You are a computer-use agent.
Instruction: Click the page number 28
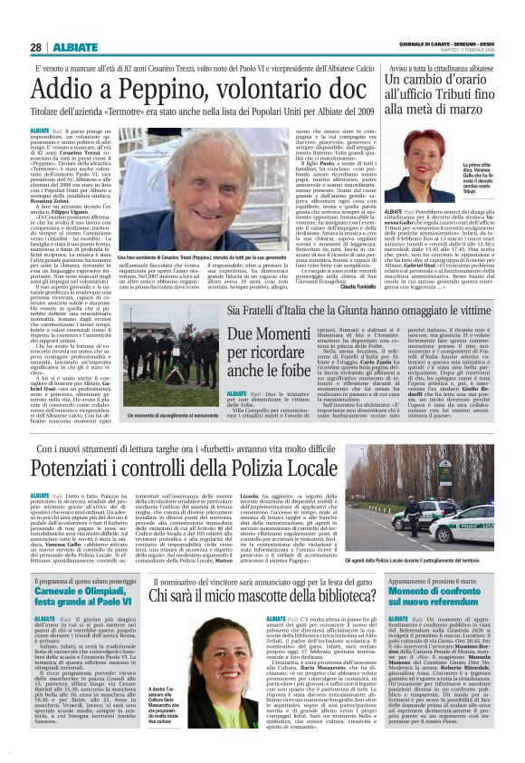click(x=35, y=47)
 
